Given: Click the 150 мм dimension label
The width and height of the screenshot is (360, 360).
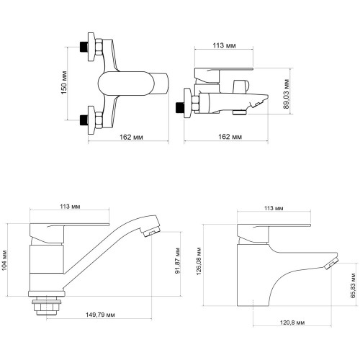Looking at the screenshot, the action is [64, 82].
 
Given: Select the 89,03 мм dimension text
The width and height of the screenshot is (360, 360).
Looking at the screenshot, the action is [287, 94].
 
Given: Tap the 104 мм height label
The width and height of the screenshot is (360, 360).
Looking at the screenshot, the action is [4, 260].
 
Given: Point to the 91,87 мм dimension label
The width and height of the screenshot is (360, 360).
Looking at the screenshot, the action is [178, 261].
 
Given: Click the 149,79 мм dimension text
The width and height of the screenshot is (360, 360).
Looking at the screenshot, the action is [100, 315].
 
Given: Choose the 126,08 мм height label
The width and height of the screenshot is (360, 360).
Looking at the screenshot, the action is [199, 261].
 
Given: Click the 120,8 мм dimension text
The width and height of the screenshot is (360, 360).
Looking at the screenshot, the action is [292, 323].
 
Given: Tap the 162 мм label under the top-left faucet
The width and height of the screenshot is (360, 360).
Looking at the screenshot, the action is [131, 137].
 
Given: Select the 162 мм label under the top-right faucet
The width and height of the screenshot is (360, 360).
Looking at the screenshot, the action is [230, 137].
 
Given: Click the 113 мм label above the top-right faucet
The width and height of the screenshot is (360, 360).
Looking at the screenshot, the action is [225, 45].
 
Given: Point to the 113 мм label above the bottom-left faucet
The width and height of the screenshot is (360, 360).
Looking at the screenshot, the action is [70, 207].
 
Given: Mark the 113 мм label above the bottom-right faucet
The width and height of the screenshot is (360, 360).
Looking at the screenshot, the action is [274, 208].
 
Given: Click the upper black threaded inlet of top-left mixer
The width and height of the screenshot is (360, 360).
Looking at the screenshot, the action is [84, 47].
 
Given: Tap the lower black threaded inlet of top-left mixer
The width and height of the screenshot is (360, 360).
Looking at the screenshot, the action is [84, 120].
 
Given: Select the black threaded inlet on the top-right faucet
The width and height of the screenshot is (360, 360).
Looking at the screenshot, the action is [180, 107].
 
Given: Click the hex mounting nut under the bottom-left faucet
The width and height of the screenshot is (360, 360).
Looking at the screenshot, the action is [47, 307].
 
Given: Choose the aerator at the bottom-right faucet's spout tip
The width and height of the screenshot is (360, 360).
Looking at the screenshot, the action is [331, 264].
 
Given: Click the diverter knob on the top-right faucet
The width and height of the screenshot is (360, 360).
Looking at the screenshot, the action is [241, 86].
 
